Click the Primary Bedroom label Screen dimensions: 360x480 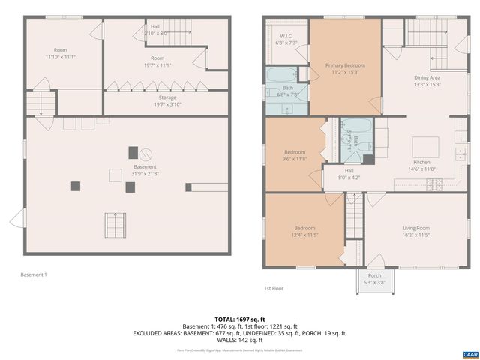345,69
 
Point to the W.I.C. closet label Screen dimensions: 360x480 286,39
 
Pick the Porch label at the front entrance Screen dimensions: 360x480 374,278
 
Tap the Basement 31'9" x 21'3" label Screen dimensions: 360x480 145,170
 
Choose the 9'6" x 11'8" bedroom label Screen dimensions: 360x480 294,155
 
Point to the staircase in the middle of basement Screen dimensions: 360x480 115,224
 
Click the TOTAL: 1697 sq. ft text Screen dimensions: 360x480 240,319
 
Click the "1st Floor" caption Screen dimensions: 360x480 273,288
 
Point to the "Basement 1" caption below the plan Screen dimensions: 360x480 33,274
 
